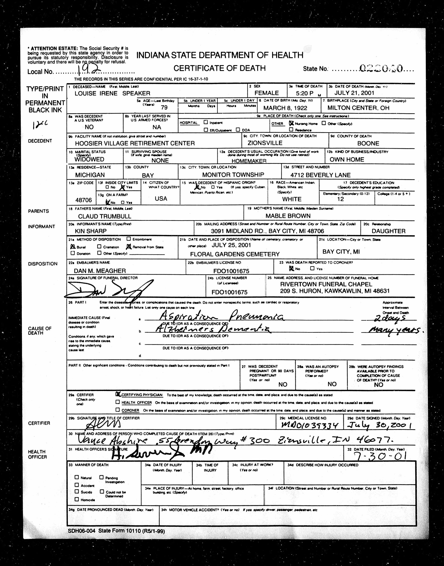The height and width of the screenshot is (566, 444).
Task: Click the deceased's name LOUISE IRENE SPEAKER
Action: click(112, 93)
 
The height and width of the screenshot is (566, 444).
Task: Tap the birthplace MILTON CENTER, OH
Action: click(358, 108)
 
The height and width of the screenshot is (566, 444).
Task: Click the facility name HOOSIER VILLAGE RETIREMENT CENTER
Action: click(135, 143)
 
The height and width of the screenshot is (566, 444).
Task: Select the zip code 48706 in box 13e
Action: click(83, 200)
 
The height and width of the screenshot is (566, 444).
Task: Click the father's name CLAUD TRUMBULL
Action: click(105, 216)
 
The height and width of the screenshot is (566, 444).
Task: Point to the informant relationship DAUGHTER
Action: click(388, 231)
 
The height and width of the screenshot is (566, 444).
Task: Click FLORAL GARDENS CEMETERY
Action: click(235, 254)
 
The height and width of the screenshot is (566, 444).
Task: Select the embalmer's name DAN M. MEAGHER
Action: click(100, 271)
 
